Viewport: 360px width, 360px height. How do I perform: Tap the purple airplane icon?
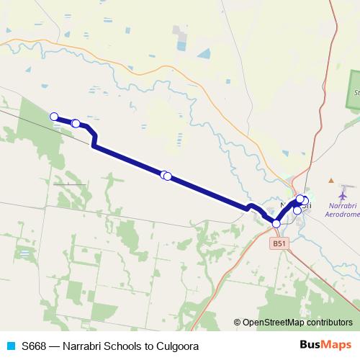343,194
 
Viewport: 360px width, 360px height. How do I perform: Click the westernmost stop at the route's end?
53,116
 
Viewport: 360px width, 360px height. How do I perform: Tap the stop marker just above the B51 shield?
276,224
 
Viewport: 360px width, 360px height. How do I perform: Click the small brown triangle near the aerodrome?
330,180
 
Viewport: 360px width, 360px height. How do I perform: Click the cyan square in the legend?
10,346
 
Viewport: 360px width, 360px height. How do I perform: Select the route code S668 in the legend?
34,346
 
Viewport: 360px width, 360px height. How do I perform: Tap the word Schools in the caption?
122,346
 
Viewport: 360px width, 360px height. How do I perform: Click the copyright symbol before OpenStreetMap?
238,323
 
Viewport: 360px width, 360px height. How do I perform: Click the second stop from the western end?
76,123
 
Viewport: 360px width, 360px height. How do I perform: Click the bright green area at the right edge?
354,90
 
